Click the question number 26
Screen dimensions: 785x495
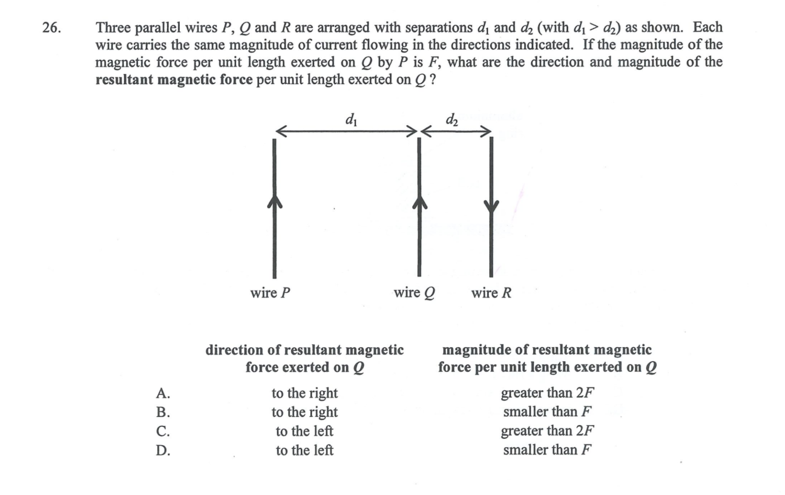tap(52, 28)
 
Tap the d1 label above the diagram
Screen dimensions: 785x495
tap(351, 119)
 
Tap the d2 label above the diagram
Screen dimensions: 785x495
tap(452, 119)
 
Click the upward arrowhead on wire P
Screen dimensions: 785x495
tap(274, 201)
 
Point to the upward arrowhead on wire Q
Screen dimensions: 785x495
tap(420, 202)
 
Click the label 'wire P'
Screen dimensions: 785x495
tap(270, 293)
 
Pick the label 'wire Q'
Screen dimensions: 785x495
tap(414, 293)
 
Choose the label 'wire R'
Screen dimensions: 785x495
tap(491, 293)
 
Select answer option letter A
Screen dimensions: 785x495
tap(163, 393)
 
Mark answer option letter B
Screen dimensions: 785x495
tap(163, 412)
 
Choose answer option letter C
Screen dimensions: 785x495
tap(163, 431)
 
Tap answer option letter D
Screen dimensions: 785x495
tap(163, 450)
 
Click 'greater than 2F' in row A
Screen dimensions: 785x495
tap(548, 393)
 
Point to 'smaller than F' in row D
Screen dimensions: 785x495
tap(548, 450)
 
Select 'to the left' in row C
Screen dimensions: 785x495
tap(304, 431)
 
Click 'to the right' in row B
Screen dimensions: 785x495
tap(304, 412)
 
